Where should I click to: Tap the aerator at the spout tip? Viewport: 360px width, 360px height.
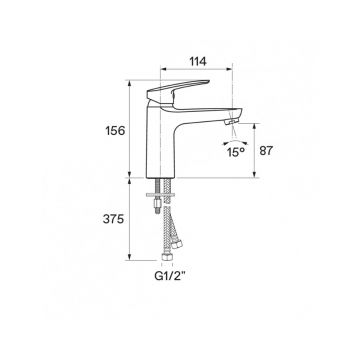(231, 123)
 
